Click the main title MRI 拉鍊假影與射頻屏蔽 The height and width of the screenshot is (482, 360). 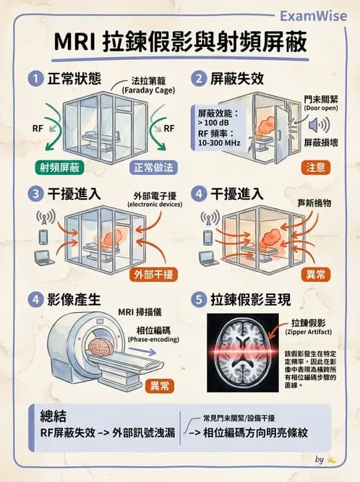(x=180, y=42)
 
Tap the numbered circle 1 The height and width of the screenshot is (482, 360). (x=35, y=79)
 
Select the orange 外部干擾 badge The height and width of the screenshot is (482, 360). (x=154, y=275)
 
